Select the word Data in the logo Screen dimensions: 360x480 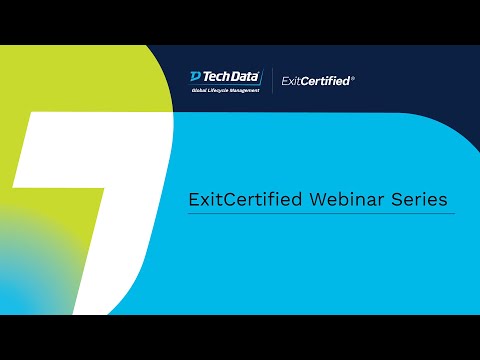point(246,77)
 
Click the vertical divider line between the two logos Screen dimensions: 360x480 point(272,81)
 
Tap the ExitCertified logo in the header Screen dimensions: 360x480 point(316,80)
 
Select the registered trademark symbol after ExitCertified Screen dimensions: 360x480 point(353,77)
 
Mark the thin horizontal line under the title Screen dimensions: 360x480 point(321,214)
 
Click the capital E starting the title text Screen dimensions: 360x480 point(193,199)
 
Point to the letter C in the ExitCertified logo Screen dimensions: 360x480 point(305,80)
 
